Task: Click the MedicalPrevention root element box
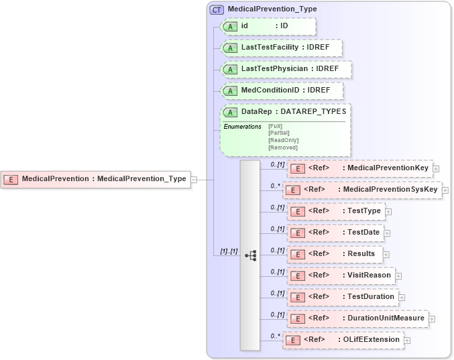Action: pos(95,179)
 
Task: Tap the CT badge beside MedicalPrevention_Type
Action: pos(217,9)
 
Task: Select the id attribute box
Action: pos(268,26)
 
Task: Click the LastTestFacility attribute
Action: pos(281,48)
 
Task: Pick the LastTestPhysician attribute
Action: pos(286,69)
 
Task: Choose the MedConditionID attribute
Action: pos(281,90)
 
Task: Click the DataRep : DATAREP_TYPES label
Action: pos(293,111)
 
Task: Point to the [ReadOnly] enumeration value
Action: pos(278,140)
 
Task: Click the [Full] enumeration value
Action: pos(274,126)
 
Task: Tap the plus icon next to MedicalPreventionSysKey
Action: pos(445,190)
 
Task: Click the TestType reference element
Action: pos(335,211)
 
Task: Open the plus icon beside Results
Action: pos(386,255)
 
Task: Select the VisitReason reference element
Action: pos(339,275)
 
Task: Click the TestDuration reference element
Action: pos(341,296)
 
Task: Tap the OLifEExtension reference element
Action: pos(342,339)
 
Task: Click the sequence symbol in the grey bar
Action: pos(250,255)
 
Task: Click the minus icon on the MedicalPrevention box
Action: pos(193,180)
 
